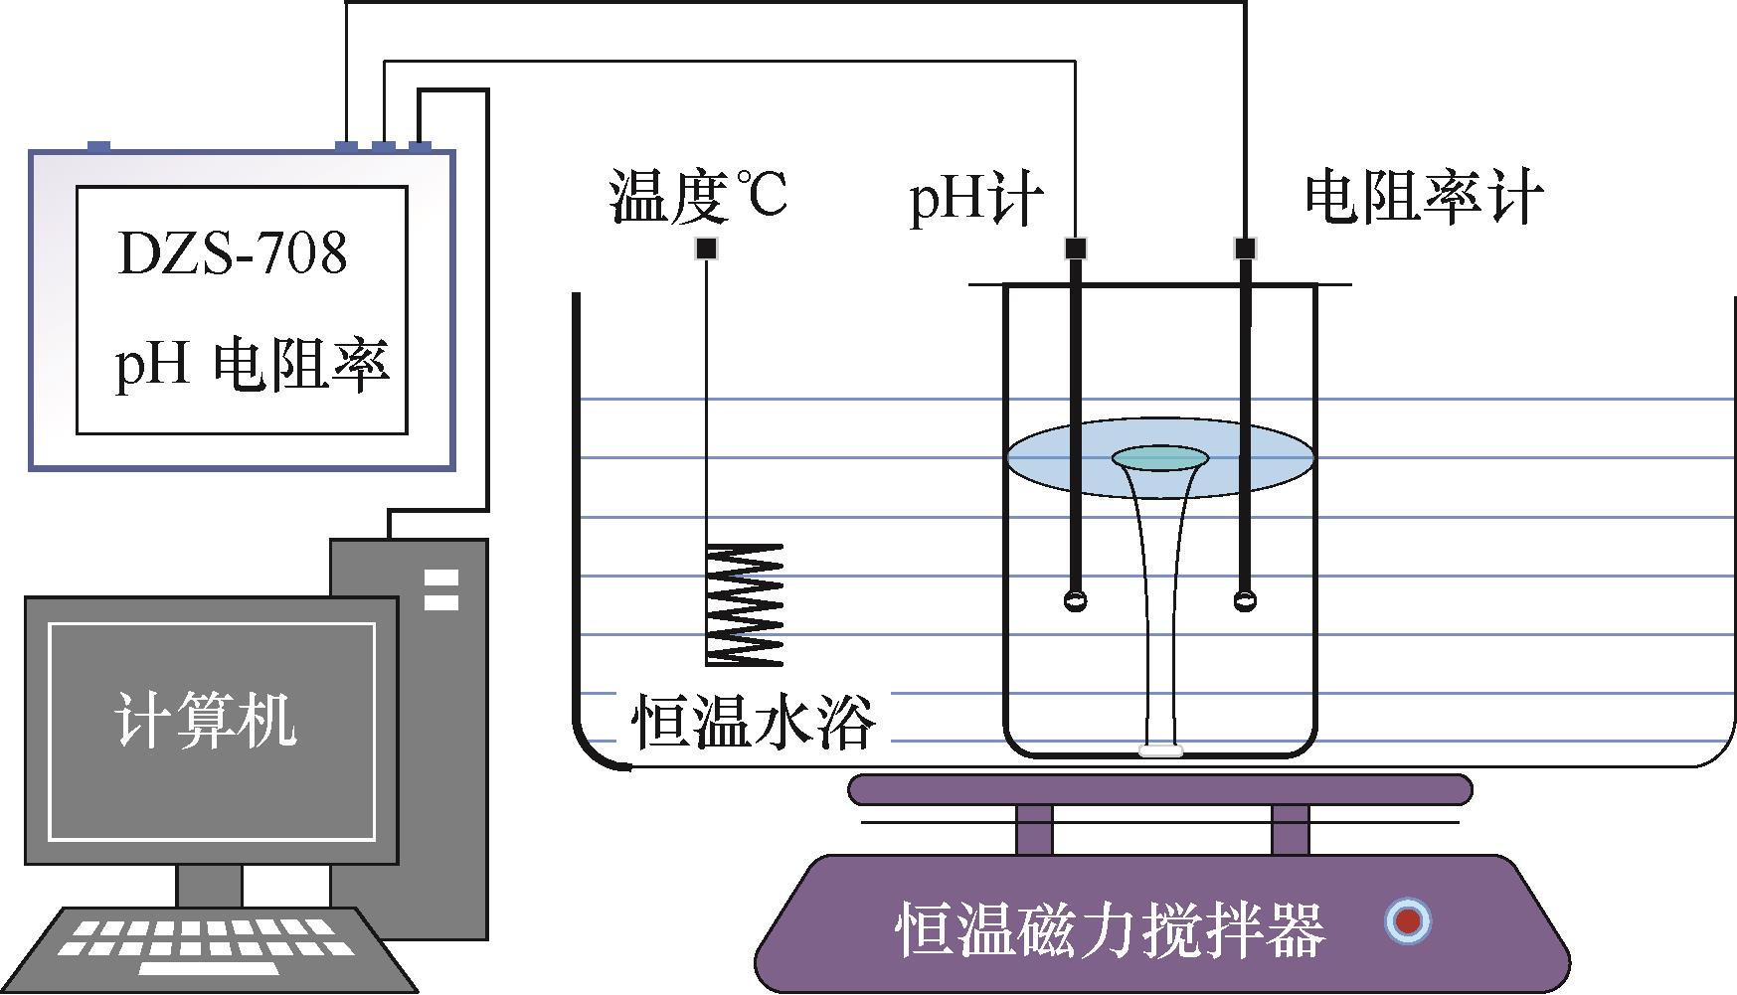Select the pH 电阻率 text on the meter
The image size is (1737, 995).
(251, 364)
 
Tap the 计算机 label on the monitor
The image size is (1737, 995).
(206, 721)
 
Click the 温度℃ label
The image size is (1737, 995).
(698, 196)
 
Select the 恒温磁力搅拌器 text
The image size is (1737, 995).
(1111, 928)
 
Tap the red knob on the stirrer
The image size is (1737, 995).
(1407, 921)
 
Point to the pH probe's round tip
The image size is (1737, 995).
(1075, 600)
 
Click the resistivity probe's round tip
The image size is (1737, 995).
(1244, 600)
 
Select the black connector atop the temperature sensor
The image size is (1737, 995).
(706, 249)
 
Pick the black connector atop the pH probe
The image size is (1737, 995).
(1075, 248)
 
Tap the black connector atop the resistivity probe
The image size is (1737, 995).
(1244, 248)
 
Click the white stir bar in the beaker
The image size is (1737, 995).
(1161, 751)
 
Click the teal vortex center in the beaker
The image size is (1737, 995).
(1159, 458)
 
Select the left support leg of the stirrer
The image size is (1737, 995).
(1033, 828)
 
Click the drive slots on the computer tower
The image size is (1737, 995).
(440, 588)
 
